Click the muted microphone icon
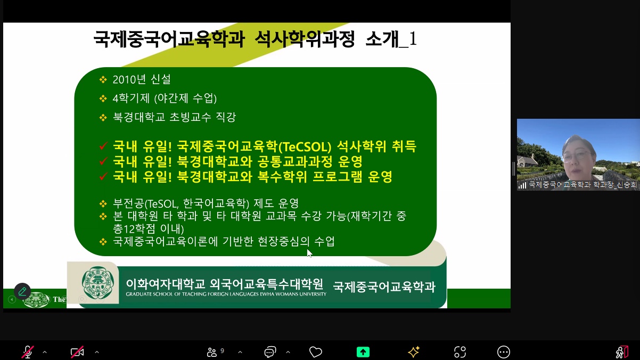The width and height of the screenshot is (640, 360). pos(28,351)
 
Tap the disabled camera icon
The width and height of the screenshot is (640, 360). pos(77,351)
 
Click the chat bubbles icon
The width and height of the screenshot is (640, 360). pos(270,352)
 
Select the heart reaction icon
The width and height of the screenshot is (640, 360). pos(316,352)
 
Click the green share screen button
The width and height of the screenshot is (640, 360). pos(363,352)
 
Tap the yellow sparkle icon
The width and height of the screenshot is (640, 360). pos(413,351)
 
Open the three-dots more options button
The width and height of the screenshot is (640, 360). pos(504,352)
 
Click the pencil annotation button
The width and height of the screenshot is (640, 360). pos(22,291)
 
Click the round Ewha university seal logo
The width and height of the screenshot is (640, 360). pos(98,283)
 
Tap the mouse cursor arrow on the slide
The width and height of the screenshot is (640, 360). pos(309,253)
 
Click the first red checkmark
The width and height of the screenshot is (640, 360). pos(103,146)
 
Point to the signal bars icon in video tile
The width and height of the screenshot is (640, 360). pos(522,185)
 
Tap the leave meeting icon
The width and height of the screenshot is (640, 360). pos(622,352)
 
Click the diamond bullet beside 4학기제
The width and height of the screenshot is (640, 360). pos(103,99)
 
